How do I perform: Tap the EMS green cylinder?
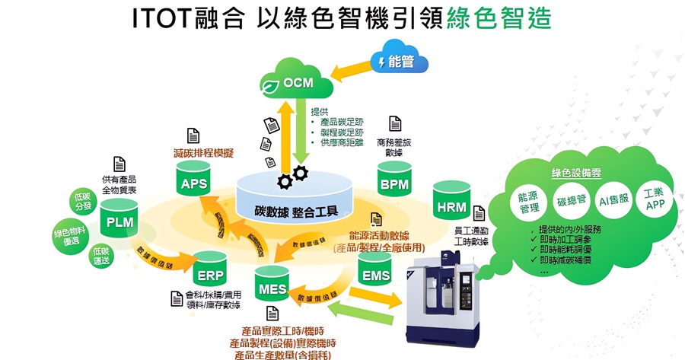click(x=374, y=272)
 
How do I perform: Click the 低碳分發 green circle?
click(x=83, y=202)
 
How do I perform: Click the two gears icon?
click(x=292, y=177)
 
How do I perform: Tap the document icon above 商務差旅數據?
click(x=395, y=124)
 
